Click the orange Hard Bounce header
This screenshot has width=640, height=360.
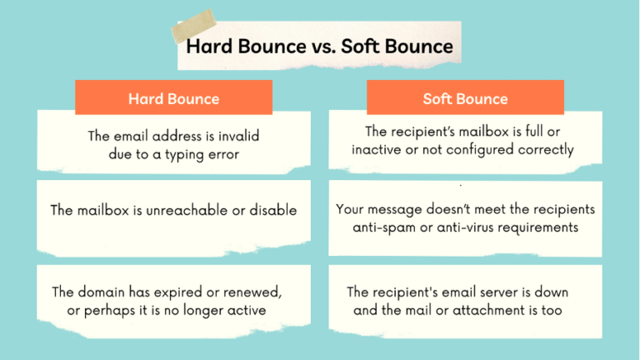173,98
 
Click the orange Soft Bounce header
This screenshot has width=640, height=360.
465,98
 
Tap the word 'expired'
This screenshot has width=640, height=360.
186,292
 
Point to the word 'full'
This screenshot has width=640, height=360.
544,132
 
